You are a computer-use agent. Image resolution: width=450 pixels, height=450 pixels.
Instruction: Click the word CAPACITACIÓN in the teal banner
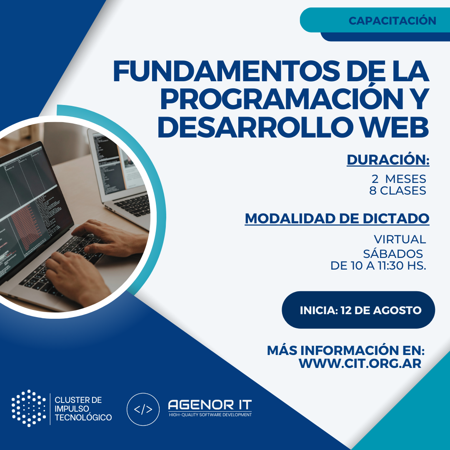click(392, 21)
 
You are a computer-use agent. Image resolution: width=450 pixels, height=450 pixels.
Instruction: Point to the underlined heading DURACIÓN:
click(388, 160)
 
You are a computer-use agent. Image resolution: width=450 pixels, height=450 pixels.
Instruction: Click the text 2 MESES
click(399, 179)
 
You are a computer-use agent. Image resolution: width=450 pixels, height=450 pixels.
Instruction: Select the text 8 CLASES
click(398, 190)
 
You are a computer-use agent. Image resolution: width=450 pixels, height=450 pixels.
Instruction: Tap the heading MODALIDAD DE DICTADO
click(337, 219)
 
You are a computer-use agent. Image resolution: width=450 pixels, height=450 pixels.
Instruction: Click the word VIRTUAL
click(400, 239)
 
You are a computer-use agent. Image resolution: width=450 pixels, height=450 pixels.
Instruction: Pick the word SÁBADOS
click(393, 253)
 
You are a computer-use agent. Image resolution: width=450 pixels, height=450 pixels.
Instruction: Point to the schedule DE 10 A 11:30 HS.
click(378, 266)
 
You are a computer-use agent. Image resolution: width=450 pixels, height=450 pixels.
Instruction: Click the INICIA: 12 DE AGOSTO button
click(358, 310)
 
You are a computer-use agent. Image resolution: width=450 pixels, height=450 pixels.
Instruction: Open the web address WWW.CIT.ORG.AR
click(360, 363)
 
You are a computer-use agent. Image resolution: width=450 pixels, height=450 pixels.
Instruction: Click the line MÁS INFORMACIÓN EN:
click(346, 350)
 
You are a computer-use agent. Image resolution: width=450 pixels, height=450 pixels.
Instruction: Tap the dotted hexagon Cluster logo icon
click(29, 408)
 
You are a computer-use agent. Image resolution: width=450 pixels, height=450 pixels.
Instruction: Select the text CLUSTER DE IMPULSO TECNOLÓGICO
click(83, 409)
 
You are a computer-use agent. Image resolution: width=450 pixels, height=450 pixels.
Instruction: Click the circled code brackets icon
click(143, 409)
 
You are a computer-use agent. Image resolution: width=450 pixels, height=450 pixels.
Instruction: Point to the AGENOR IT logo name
click(210, 405)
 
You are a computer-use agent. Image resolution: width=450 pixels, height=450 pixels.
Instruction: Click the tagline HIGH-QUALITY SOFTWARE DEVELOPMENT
click(210, 415)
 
